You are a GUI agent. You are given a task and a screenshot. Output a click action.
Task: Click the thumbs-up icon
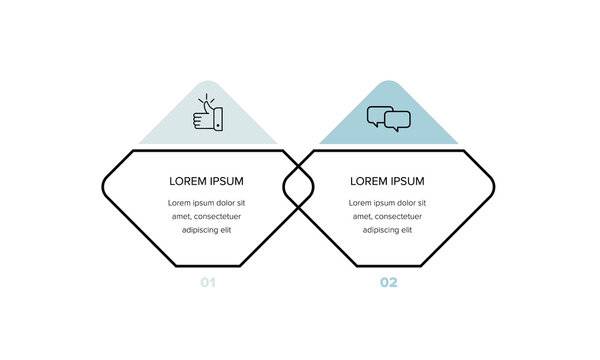click(x=207, y=116)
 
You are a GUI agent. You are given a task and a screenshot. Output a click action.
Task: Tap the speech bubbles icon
click(x=388, y=119)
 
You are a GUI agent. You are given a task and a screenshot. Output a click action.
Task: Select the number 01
click(x=207, y=283)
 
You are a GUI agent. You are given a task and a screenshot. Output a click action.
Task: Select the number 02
click(x=388, y=283)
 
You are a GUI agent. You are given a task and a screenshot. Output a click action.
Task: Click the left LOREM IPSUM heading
click(x=207, y=181)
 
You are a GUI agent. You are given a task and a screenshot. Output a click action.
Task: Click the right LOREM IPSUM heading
click(x=388, y=181)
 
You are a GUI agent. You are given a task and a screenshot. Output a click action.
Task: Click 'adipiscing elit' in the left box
click(x=207, y=230)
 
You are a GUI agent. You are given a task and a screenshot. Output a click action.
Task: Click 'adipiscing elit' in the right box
click(x=388, y=230)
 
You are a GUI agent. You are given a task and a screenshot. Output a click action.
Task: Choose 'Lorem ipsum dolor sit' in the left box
click(x=207, y=203)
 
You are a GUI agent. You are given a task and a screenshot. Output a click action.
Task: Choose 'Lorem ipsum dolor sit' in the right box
click(x=388, y=203)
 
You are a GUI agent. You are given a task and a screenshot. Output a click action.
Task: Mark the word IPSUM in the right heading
click(x=408, y=181)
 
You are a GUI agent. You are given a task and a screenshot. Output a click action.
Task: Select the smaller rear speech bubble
click(x=398, y=122)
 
